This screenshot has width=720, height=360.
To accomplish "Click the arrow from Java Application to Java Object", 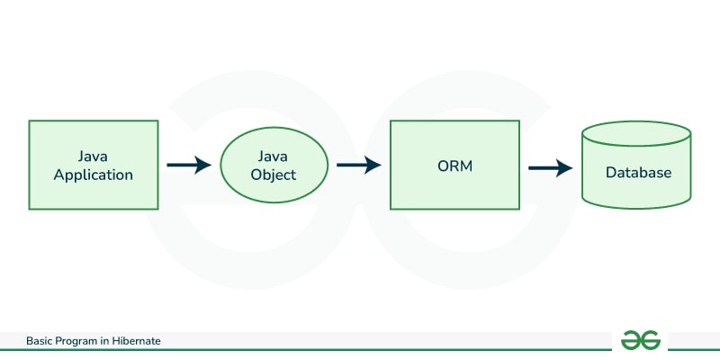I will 188,166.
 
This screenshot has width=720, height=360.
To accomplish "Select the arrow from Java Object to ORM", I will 358,166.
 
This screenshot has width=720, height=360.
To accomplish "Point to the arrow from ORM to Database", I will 550,167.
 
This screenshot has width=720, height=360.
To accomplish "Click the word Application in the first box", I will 94,175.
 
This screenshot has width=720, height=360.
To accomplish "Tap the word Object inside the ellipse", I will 274,175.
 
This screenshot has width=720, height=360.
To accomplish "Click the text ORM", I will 454,166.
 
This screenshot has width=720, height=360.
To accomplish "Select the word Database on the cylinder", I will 638,172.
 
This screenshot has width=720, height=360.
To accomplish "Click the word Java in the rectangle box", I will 94,155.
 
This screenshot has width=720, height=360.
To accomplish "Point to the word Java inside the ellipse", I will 274,155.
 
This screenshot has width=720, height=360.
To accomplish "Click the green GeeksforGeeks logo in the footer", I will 641,340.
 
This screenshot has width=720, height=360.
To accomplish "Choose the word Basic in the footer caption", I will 40,341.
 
